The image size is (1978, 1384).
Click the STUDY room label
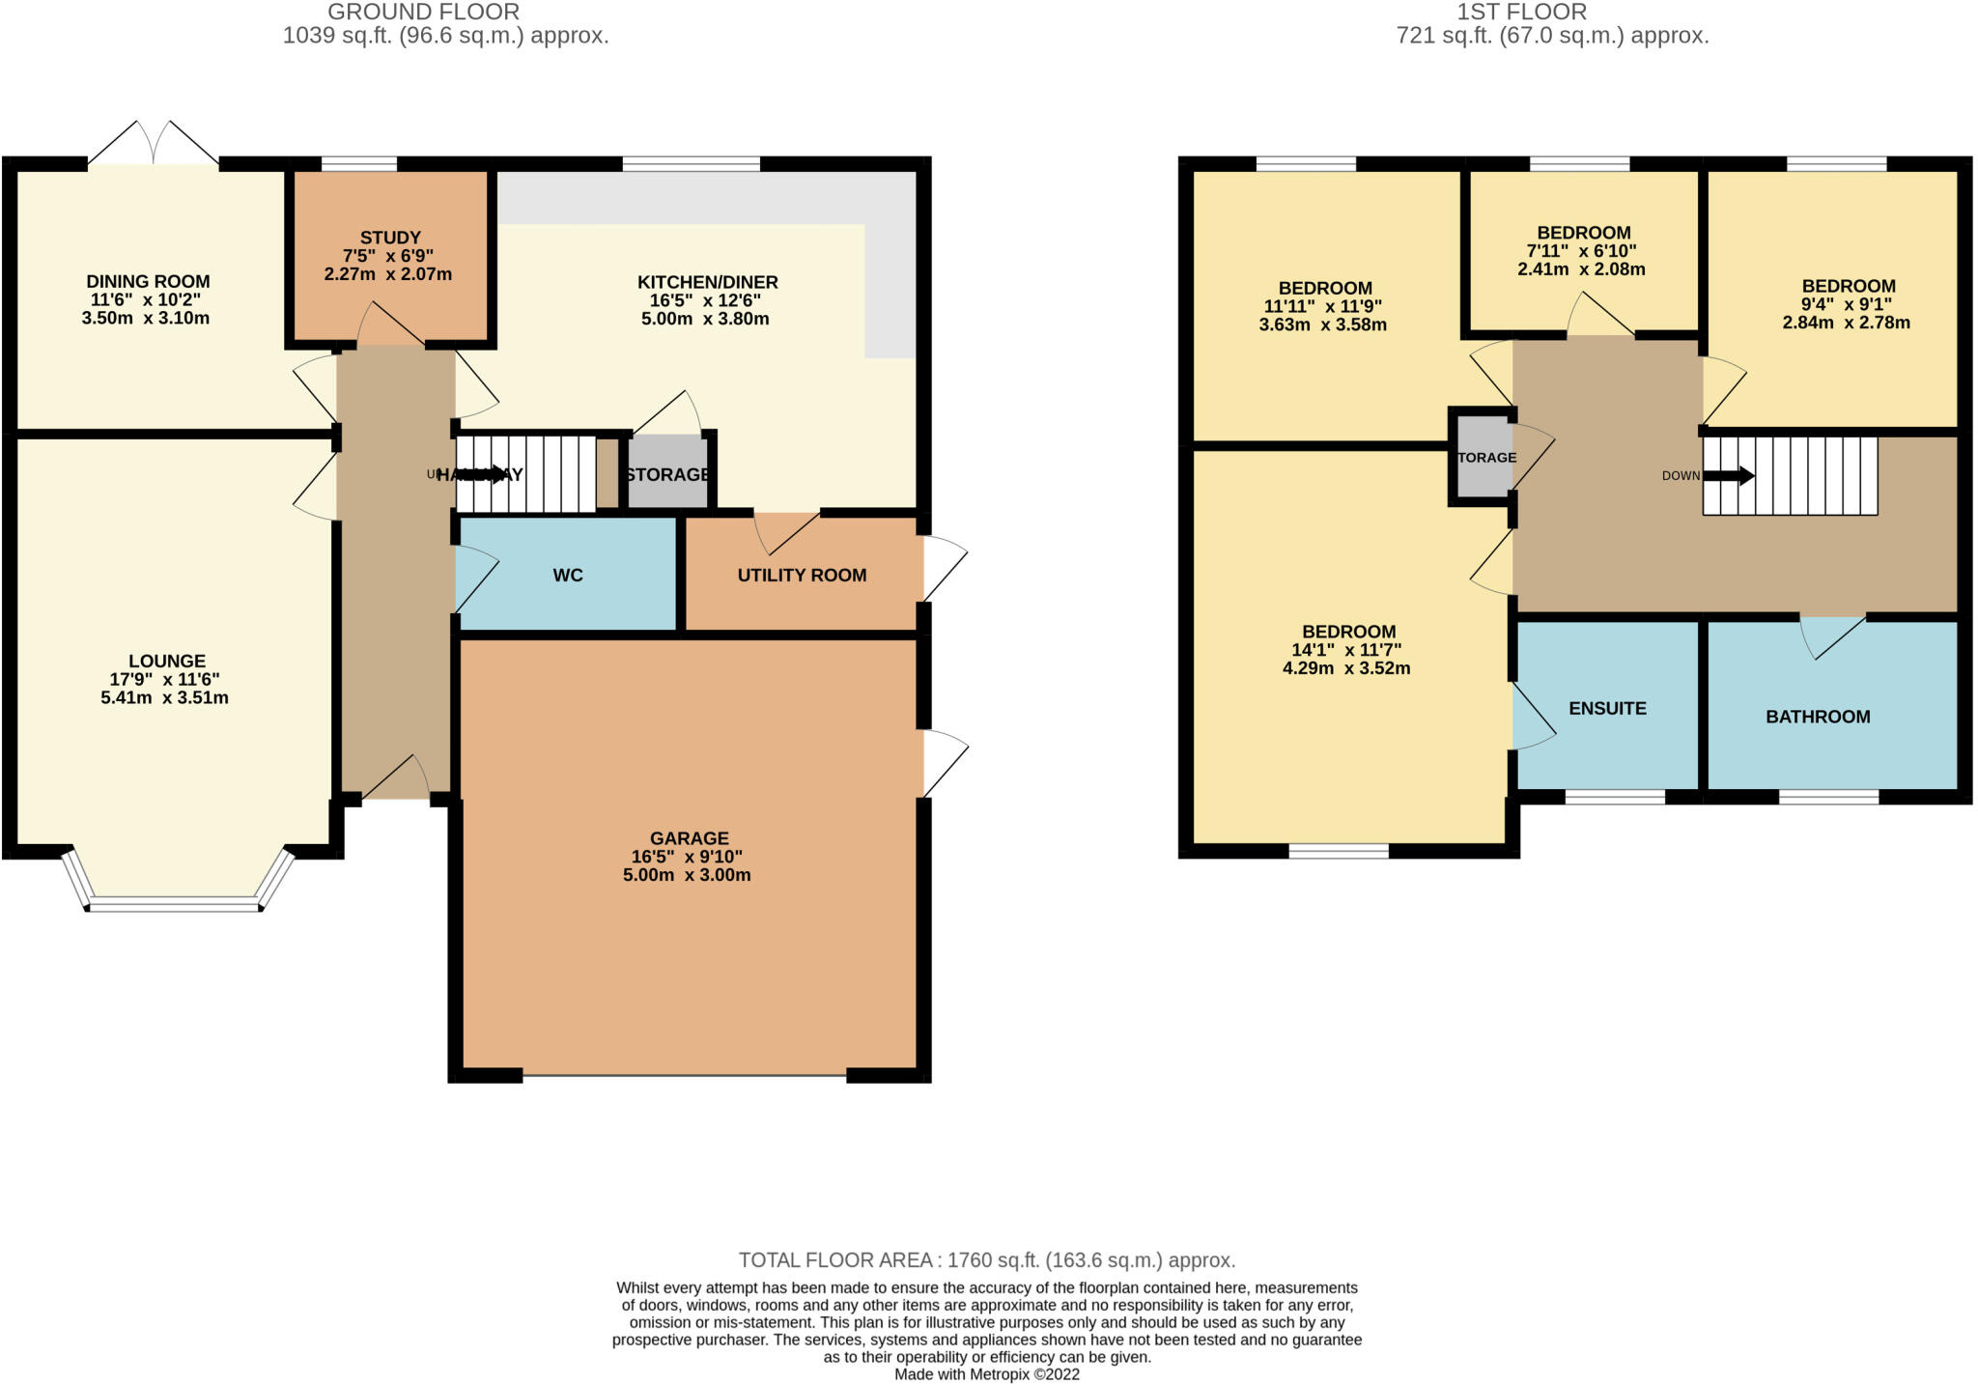tap(390, 238)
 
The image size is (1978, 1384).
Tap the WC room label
tap(568, 576)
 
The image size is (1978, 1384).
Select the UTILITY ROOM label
tap(802, 576)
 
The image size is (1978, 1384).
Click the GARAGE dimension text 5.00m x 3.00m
tap(687, 875)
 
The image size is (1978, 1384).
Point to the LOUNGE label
tap(167, 662)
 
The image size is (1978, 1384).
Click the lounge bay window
tap(175, 904)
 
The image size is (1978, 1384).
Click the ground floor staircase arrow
tap(488, 474)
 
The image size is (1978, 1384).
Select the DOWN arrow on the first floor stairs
tap(1729, 476)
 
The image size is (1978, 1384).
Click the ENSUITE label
tap(1607, 709)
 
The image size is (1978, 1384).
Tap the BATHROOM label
tap(1818, 717)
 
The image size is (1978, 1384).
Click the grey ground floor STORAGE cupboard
tap(667, 474)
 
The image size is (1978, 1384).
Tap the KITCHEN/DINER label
tap(707, 283)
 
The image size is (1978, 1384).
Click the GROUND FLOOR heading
tap(423, 13)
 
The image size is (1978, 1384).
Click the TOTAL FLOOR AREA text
tap(987, 1260)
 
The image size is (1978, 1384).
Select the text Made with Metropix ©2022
tap(987, 1374)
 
